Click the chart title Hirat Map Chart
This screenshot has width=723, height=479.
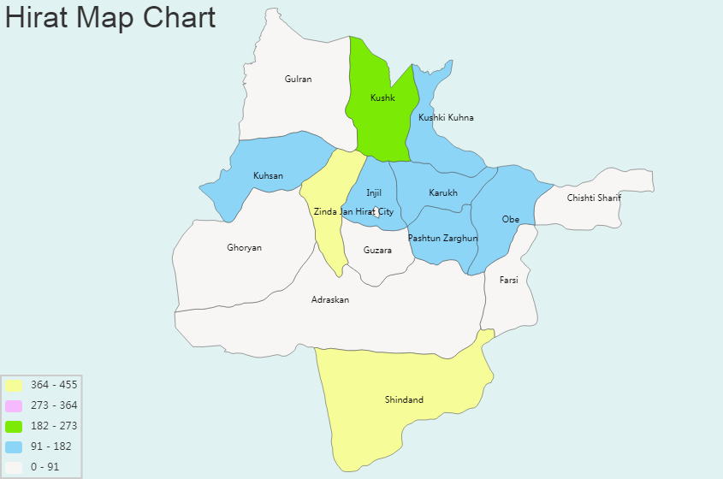(110, 18)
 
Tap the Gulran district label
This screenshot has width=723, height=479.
(299, 80)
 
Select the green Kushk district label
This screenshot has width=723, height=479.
(382, 98)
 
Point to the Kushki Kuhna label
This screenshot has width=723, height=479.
(446, 117)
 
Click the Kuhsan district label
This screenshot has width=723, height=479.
(268, 176)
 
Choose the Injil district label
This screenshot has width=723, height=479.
(374, 193)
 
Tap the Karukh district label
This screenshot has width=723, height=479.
(443, 193)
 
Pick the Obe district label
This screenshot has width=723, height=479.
(511, 220)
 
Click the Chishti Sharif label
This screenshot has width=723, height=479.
(594, 198)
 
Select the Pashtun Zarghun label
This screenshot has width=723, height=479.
(442, 239)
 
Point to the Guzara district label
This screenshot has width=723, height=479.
(377, 251)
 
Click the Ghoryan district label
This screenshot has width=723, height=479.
(245, 248)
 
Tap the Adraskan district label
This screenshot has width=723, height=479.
(330, 300)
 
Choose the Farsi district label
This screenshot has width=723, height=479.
(509, 280)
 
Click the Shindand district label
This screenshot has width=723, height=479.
(404, 400)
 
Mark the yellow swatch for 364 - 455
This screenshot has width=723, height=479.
(13, 385)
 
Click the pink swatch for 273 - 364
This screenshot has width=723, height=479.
(13, 405)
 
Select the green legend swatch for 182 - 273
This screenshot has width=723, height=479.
(13, 426)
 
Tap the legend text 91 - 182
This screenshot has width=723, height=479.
(51, 446)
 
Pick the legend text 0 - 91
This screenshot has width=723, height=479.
(46, 467)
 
